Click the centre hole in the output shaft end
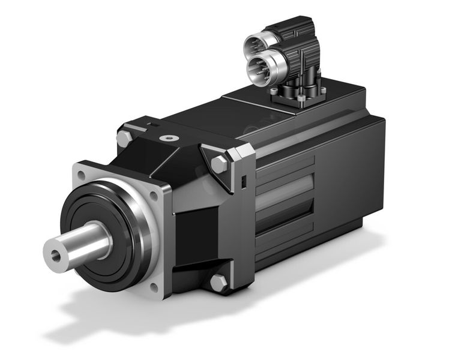56,255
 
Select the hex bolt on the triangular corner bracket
218,164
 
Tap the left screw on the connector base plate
274,91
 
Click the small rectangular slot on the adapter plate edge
244,181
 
